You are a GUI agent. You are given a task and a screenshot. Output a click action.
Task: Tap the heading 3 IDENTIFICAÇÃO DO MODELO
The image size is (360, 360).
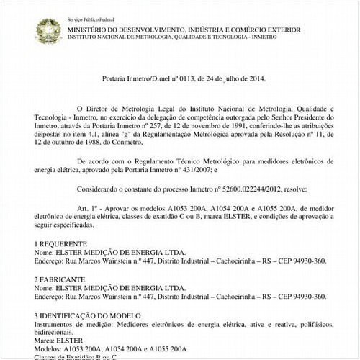coord(96,315)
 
